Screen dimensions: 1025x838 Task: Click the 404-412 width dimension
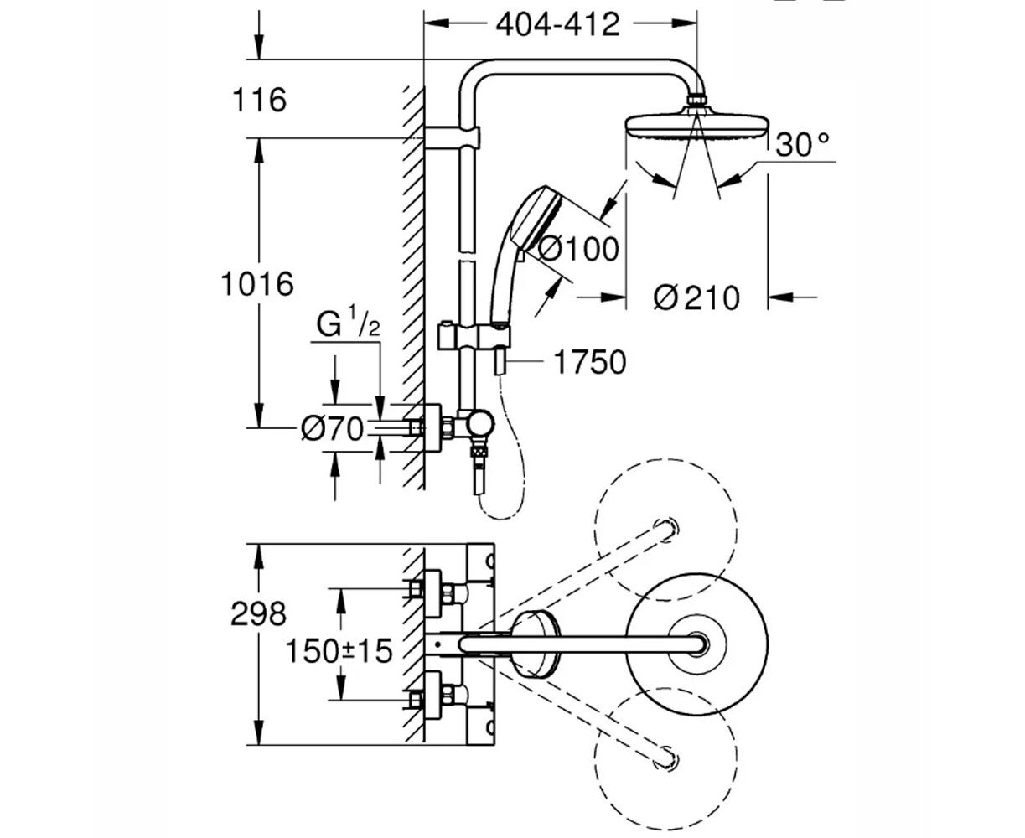click(557, 24)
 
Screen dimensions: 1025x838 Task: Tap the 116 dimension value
click(260, 100)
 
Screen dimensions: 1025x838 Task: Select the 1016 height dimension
click(257, 283)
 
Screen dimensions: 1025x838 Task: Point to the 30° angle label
click(802, 144)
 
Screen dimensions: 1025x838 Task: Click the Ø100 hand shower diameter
click(578, 250)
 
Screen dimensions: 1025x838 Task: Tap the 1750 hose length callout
click(589, 362)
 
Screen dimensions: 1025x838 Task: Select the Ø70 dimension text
click(333, 429)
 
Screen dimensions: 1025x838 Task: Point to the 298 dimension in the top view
click(258, 613)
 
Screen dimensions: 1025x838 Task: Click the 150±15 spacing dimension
click(339, 651)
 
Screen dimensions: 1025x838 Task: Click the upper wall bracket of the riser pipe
click(452, 138)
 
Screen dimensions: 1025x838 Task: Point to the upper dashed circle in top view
click(665, 530)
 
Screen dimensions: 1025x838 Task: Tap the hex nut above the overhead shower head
click(697, 100)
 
